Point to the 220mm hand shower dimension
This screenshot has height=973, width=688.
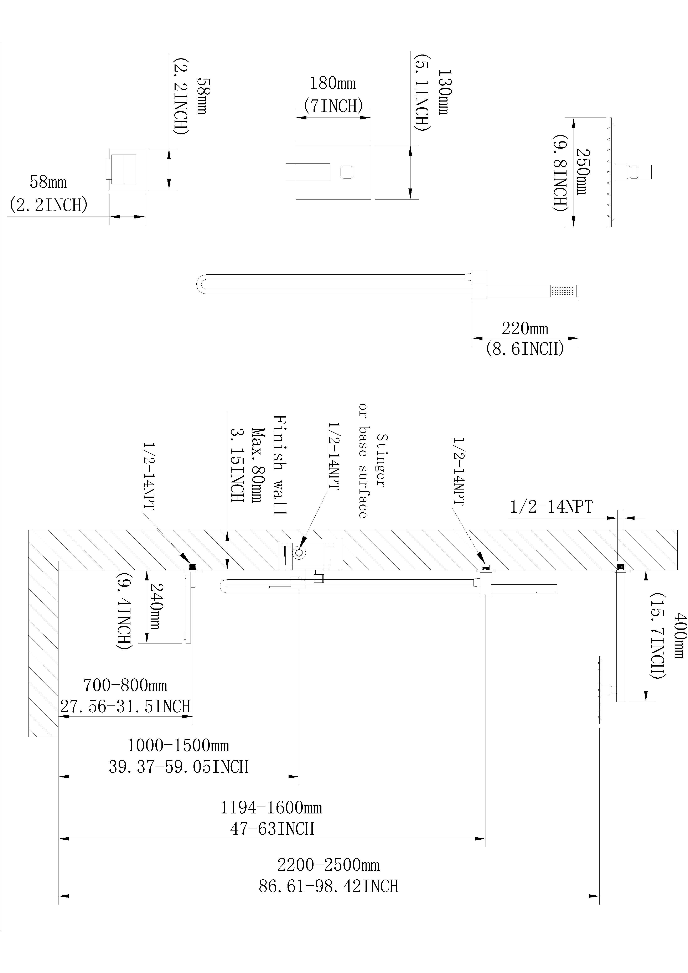[x=525, y=328]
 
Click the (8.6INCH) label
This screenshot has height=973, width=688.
[x=525, y=349]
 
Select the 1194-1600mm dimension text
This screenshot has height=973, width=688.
[x=271, y=808]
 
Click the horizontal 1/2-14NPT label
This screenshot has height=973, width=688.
[x=551, y=506]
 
